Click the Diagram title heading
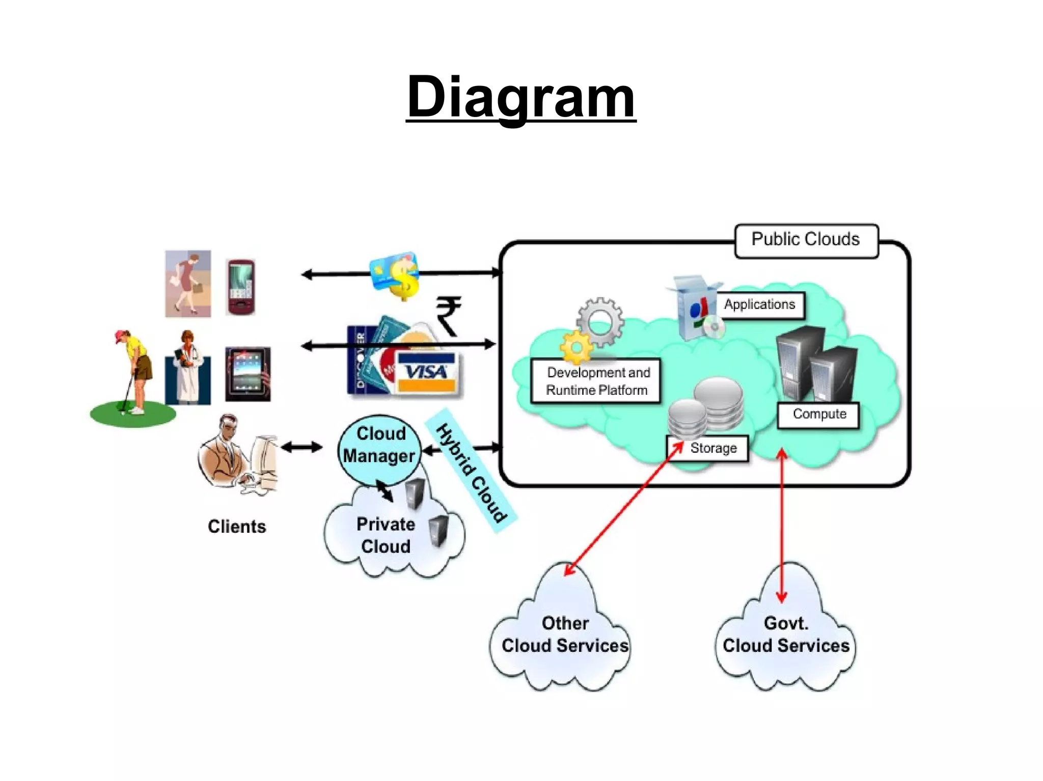click(521, 97)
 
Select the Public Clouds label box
click(806, 240)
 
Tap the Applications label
click(759, 305)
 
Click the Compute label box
click(819, 415)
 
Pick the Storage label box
click(712, 448)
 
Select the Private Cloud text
click(386, 535)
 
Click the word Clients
click(237, 527)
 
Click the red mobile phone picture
click(241, 287)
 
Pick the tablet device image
click(248, 373)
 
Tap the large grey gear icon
click(601, 322)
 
